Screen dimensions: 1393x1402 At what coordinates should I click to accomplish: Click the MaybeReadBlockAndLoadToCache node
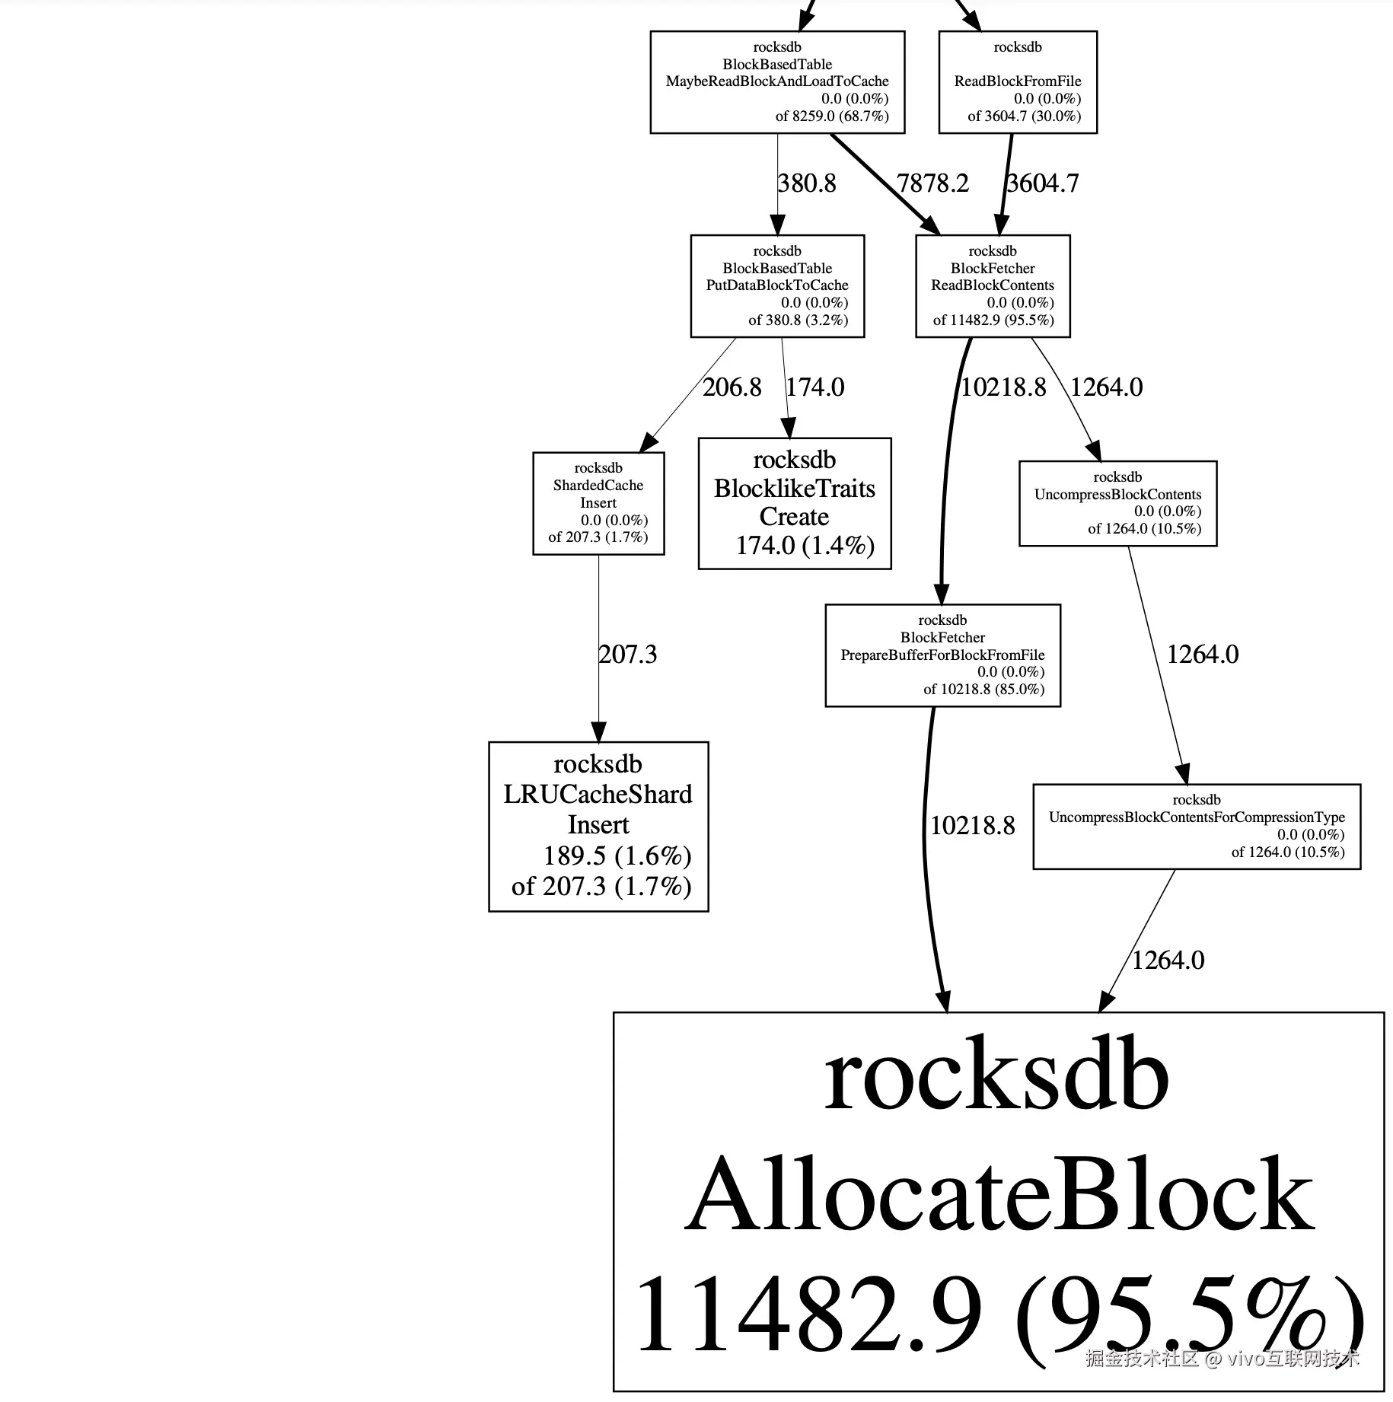(x=777, y=82)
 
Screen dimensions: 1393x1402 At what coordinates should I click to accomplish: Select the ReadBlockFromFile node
(x=1018, y=82)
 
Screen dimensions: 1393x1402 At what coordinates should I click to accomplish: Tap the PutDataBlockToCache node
(x=777, y=286)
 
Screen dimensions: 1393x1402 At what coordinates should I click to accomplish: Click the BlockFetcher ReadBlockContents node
(x=993, y=286)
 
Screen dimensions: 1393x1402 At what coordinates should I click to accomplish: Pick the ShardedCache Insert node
(x=598, y=503)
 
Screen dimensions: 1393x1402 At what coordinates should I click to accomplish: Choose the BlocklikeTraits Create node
(x=795, y=503)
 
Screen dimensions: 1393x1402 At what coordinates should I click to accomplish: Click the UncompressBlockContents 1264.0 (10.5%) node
(x=1117, y=503)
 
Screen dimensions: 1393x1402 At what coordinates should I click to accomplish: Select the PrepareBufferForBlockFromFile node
(x=942, y=655)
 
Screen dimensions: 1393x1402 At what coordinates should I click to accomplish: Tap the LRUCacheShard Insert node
(x=598, y=827)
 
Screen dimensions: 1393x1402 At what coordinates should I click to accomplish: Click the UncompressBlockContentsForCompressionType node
(x=1197, y=827)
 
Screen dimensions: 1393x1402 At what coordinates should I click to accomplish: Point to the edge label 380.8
(x=807, y=183)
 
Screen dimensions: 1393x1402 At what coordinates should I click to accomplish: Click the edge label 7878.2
(x=932, y=183)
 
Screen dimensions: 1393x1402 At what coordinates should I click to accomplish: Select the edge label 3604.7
(x=1043, y=183)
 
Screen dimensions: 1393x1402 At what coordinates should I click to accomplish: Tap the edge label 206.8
(x=732, y=387)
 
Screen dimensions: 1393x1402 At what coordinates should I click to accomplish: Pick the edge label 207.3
(x=628, y=655)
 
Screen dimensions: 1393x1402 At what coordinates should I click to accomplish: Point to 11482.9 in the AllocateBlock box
(x=808, y=1314)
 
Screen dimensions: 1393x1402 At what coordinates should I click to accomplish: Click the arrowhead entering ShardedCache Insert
(x=648, y=443)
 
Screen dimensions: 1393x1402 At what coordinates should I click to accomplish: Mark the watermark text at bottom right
(x=1222, y=1379)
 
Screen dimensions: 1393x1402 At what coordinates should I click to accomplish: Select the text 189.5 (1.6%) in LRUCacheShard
(x=617, y=856)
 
